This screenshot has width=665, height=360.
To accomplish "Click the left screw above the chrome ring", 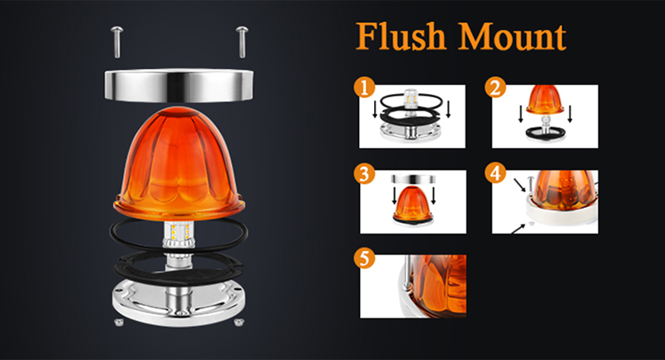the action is tap(116, 42).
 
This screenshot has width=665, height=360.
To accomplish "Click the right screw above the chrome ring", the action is tap(242, 42).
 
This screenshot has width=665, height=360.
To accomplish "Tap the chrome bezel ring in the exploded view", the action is tap(179, 86).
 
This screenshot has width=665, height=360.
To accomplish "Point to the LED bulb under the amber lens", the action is tap(179, 234).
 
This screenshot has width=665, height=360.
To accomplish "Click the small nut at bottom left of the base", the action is tap(119, 322).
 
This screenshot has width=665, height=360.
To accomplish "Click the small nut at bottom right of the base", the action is tap(239, 322).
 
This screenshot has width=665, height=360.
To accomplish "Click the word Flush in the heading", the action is tap(401, 37).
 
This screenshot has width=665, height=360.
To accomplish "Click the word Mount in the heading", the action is tap(512, 37).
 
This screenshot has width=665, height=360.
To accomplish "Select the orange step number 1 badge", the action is tap(364, 87).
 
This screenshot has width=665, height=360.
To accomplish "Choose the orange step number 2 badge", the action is tap(495, 87).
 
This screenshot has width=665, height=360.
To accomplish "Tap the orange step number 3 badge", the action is tap(364, 174).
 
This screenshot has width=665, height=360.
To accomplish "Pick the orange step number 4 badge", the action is tap(495, 174).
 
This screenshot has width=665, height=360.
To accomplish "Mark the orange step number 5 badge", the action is tap(364, 258).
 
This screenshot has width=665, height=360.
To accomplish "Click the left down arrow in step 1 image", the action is tap(375, 110).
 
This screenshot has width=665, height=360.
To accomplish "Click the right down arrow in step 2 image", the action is tap(570, 114).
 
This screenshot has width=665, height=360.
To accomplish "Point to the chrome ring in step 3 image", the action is tap(413, 179).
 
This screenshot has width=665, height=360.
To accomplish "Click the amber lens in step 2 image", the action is tap(545, 99).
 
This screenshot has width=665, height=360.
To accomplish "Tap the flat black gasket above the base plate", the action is tap(178, 268).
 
